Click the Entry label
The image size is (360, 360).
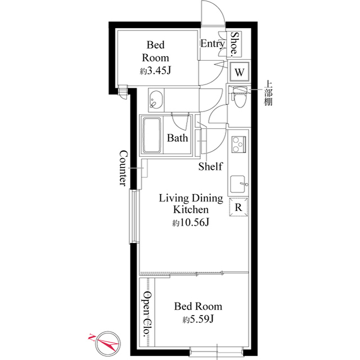click(x=212, y=44)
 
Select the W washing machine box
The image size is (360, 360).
click(x=239, y=72)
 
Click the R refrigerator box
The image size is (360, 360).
click(x=238, y=206)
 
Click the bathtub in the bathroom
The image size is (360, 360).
click(x=151, y=134)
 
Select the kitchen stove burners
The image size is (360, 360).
click(x=239, y=144)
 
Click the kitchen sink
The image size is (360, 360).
click(x=238, y=183)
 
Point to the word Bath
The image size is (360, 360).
click(x=178, y=138)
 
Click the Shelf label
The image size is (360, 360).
click(x=210, y=166)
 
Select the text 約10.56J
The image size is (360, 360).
click(x=191, y=223)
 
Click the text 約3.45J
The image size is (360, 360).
click(x=155, y=71)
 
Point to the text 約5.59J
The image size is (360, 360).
click(x=198, y=320)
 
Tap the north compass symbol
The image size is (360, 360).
click(x=107, y=341)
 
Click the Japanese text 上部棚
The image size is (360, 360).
click(x=269, y=93)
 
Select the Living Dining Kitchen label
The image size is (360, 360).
click(x=191, y=204)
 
